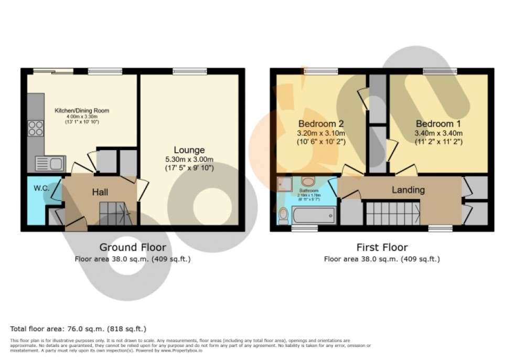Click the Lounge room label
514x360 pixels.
[190, 150]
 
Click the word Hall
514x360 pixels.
[100, 193]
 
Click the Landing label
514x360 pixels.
[408, 190]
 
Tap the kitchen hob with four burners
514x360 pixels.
[36, 128]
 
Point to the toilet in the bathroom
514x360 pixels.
[283, 215]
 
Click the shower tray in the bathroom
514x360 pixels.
[286, 183]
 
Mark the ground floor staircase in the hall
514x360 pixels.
[113, 213]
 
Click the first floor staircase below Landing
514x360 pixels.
[392, 214]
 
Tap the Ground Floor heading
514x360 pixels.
[133, 247]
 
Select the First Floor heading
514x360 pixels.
[382, 247]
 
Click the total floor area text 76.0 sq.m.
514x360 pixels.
[78, 329]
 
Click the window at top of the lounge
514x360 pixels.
[189, 71]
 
